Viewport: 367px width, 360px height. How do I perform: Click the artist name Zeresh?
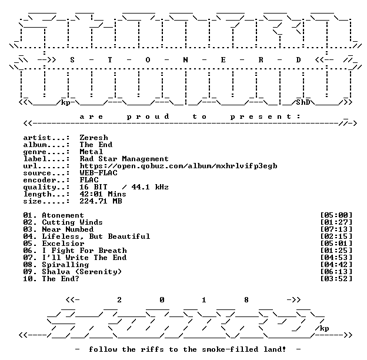[94, 138]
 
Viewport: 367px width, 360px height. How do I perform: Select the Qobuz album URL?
[179, 166]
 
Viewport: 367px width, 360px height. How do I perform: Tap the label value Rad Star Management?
[124, 159]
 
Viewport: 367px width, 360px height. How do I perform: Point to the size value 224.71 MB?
[101, 201]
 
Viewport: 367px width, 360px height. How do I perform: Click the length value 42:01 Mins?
[103, 194]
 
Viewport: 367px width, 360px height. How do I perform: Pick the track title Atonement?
[63, 215]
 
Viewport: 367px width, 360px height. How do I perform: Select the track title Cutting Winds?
[72, 222]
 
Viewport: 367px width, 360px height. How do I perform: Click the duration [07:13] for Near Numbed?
[336, 229]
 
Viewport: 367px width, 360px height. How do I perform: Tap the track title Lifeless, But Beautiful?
[96, 236]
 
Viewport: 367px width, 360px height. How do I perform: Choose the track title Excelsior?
[63, 244]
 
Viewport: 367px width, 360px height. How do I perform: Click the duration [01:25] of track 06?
[336, 251]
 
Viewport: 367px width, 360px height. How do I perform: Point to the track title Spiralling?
[65, 265]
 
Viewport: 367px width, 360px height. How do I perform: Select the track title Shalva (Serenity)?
[82, 272]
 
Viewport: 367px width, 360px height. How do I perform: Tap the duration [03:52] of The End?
[336, 279]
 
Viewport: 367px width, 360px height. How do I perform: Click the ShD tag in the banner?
[303, 102]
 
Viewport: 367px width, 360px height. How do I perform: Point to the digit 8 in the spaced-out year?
[246, 300]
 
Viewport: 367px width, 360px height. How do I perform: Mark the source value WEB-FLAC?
[99, 173]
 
